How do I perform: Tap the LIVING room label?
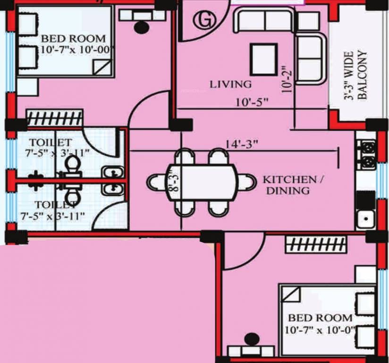[x=231, y=85]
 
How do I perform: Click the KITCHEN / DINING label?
[x=289, y=185]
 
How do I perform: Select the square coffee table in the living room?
[x=264, y=59]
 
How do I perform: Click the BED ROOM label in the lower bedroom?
[x=320, y=318]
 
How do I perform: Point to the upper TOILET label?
[x=50, y=142]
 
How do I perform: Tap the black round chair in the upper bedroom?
[x=141, y=27]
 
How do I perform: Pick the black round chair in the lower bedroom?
[x=252, y=339]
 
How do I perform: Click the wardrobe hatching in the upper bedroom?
[x=54, y=117]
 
